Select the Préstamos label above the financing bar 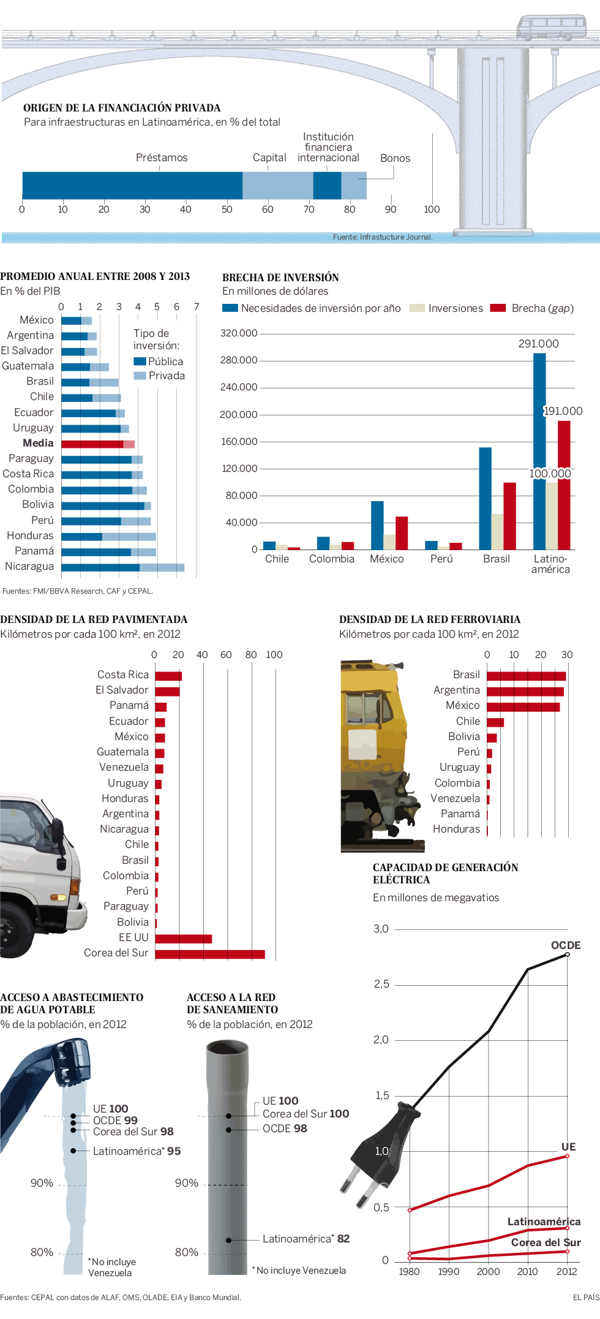tap(162, 157)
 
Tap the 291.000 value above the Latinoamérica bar tap(538, 344)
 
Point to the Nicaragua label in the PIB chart tap(29, 566)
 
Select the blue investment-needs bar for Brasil tap(485, 498)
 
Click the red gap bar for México tap(402, 533)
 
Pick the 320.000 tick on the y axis tap(239, 333)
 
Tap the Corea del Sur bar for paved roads tap(209, 954)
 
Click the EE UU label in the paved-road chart tap(133, 937)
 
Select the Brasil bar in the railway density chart tap(526, 676)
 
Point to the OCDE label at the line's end tap(565, 945)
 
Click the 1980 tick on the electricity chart tap(409, 1271)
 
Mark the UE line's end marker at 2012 tap(568, 1156)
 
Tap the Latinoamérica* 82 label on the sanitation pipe tap(306, 1239)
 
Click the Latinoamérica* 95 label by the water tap tap(137, 1151)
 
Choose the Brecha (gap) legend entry tap(532, 308)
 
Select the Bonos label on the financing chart tap(395, 158)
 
